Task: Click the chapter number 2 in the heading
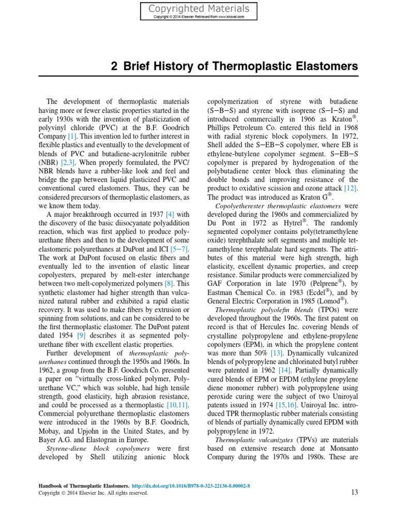tap(114, 67)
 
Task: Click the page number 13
tap(354, 493)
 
